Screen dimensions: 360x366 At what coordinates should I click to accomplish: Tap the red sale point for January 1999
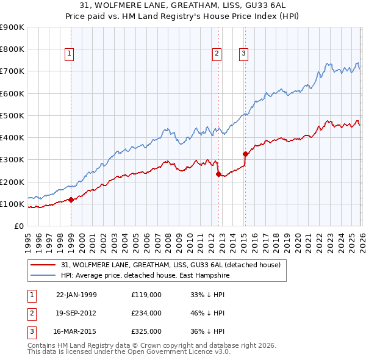[71, 200]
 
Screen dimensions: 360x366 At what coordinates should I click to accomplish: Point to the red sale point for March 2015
[245, 154]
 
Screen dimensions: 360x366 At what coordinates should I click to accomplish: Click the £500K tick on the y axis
[12, 115]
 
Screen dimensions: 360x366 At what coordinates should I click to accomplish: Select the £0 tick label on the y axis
[18, 226]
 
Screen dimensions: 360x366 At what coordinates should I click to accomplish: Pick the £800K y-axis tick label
[12, 49]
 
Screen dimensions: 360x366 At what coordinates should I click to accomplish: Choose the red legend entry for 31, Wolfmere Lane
[170, 265]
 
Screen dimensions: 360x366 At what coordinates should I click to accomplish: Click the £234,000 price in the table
[146, 313]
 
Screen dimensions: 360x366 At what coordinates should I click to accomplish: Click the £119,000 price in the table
[146, 294]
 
